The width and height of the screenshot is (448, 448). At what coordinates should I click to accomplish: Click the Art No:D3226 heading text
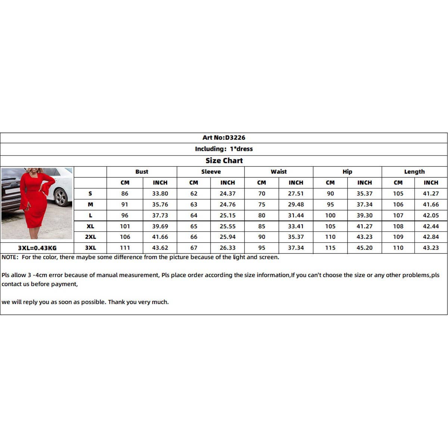click(x=224, y=138)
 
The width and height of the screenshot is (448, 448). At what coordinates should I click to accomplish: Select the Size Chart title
click(x=224, y=161)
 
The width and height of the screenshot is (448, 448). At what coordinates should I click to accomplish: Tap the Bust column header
click(x=141, y=172)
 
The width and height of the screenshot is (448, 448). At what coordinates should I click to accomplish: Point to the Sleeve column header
click(x=211, y=172)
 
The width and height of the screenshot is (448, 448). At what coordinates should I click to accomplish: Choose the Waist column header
click(x=279, y=172)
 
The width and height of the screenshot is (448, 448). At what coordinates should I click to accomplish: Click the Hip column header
click(x=347, y=172)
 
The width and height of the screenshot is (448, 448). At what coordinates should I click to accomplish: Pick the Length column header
click(x=414, y=172)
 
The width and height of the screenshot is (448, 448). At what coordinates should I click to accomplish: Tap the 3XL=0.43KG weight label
click(x=37, y=248)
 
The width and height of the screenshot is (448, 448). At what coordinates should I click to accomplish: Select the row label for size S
click(x=90, y=193)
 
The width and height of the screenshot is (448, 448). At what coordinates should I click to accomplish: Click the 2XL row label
click(x=90, y=237)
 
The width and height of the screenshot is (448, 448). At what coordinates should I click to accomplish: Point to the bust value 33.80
click(x=160, y=193)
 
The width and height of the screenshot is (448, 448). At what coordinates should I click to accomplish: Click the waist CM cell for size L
click(x=262, y=215)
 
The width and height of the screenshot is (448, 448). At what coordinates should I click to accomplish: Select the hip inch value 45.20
click(x=364, y=248)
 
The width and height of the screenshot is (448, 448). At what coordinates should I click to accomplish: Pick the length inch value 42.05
click(x=431, y=215)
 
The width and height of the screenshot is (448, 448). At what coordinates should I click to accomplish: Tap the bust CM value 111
click(x=125, y=248)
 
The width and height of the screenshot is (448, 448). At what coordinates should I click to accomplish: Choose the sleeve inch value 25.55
click(x=227, y=226)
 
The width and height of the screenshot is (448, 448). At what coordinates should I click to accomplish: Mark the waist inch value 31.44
click(x=296, y=215)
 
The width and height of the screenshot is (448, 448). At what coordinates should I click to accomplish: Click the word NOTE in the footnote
click(x=10, y=257)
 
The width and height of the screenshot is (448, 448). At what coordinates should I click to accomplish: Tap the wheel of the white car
click(x=60, y=197)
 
